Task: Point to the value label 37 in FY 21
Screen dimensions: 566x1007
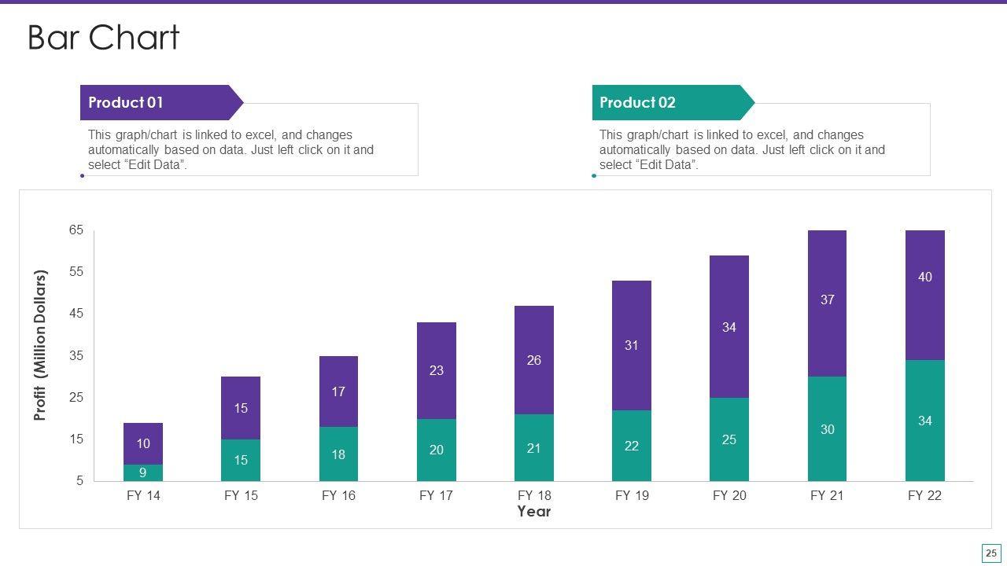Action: point(827,300)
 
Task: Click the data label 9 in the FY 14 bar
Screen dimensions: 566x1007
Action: point(143,473)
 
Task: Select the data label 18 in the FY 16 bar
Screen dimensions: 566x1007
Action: point(338,454)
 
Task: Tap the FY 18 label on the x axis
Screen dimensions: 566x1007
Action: point(534,495)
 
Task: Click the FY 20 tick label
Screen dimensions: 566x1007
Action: point(729,495)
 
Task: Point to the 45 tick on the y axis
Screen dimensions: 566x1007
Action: point(76,313)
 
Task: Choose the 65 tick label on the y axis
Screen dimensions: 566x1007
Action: point(76,230)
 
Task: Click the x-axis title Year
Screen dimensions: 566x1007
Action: point(534,512)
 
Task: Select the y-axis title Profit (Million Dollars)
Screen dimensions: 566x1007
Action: point(41,345)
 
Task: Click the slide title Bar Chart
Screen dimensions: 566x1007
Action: point(104,38)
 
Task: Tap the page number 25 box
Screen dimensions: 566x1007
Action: point(990,553)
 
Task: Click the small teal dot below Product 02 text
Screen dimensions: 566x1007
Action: point(594,175)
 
